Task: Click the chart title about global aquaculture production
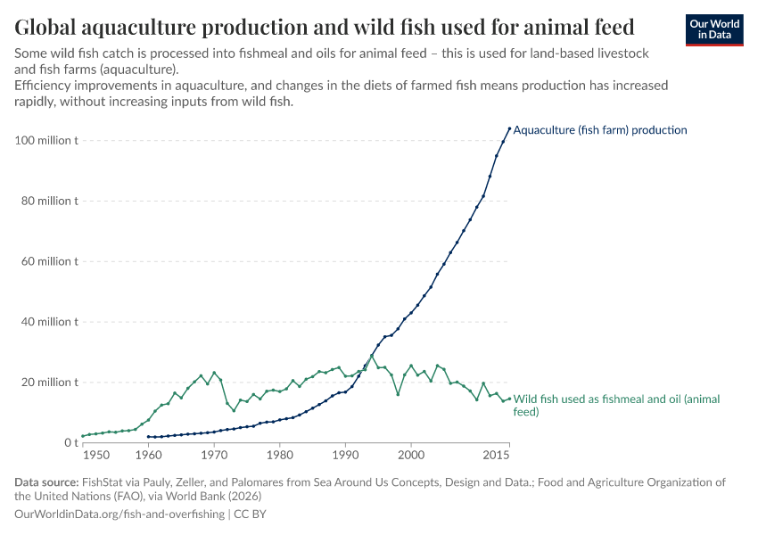tap(325, 27)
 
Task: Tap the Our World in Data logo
tap(713, 29)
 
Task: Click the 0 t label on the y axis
tap(68, 443)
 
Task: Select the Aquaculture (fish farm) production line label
tap(600, 130)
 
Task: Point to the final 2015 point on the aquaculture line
tap(509, 128)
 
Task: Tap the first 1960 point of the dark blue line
tap(148, 437)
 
